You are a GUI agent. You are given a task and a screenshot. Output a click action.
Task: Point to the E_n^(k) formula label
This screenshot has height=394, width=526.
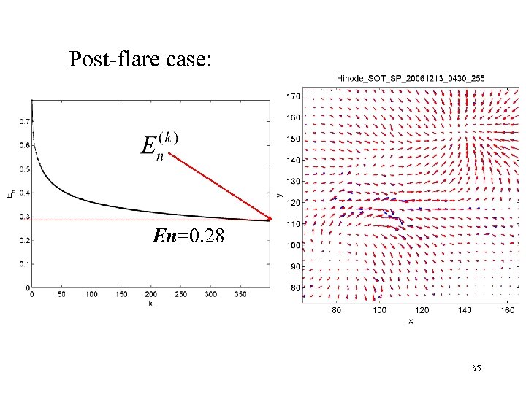click(159, 144)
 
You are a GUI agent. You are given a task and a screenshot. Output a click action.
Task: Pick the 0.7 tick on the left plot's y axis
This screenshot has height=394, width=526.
click(23, 122)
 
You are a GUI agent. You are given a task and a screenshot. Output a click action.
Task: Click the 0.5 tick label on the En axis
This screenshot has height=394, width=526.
click(23, 169)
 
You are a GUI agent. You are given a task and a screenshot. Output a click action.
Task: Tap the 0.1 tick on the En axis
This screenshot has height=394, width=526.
click(23, 263)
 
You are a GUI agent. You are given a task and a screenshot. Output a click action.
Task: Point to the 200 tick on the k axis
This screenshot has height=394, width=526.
click(150, 294)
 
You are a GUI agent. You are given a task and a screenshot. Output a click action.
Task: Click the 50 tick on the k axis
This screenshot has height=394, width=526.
click(61, 294)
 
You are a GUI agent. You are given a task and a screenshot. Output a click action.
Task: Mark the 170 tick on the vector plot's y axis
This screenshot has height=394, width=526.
click(293, 96)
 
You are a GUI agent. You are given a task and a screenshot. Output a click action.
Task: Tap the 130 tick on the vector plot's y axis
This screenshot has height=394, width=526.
click(293, 181)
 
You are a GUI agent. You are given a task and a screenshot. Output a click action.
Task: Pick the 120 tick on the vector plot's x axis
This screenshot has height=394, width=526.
click(423, 310)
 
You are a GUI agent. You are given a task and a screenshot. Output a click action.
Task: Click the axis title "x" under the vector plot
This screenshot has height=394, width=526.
click(411, 320)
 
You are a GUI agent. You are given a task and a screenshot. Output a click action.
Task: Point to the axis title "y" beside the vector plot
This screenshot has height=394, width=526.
click(280, 194)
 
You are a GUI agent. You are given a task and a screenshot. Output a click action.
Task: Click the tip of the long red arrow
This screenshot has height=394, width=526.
click(272, 220)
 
